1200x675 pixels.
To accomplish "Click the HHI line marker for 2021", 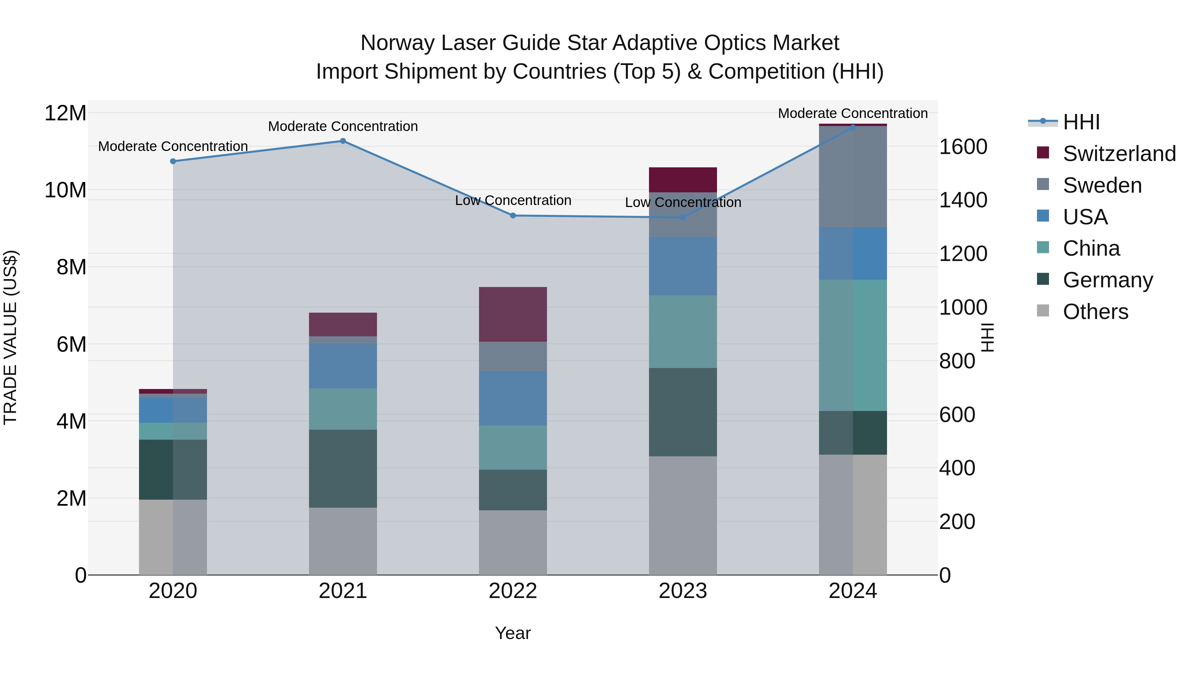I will pos(343,141).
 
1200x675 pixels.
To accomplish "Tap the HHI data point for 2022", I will pos(513,215).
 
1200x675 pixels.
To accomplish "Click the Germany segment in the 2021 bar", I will pos(343,468).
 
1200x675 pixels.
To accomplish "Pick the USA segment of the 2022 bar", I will pos(513,398).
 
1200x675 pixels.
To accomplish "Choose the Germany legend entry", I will pos(1107,280).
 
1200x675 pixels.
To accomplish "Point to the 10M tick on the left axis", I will pos(66,190).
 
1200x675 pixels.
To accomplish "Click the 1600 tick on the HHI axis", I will pos(962,147).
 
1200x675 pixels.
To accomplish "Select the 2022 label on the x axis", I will pos(513,591).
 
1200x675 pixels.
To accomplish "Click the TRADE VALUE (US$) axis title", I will pos(10,337).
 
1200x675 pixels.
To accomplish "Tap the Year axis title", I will pos(513,633).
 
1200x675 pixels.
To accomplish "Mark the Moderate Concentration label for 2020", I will pos(173,146).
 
